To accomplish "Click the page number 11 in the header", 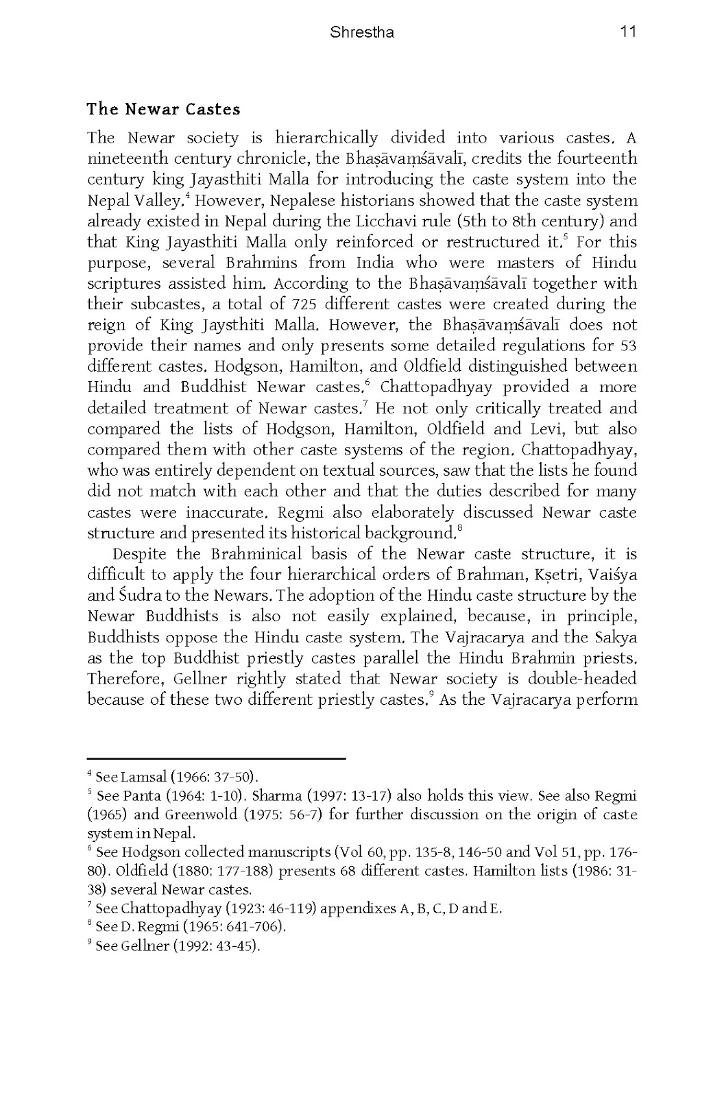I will coord(628,32).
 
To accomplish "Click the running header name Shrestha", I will coord(361,32).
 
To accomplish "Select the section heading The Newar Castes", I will coord(163,109).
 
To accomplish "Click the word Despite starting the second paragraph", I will coord(139,554).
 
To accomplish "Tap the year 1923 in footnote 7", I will coord(250,909).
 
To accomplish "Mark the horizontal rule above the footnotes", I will coord(216,759).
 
